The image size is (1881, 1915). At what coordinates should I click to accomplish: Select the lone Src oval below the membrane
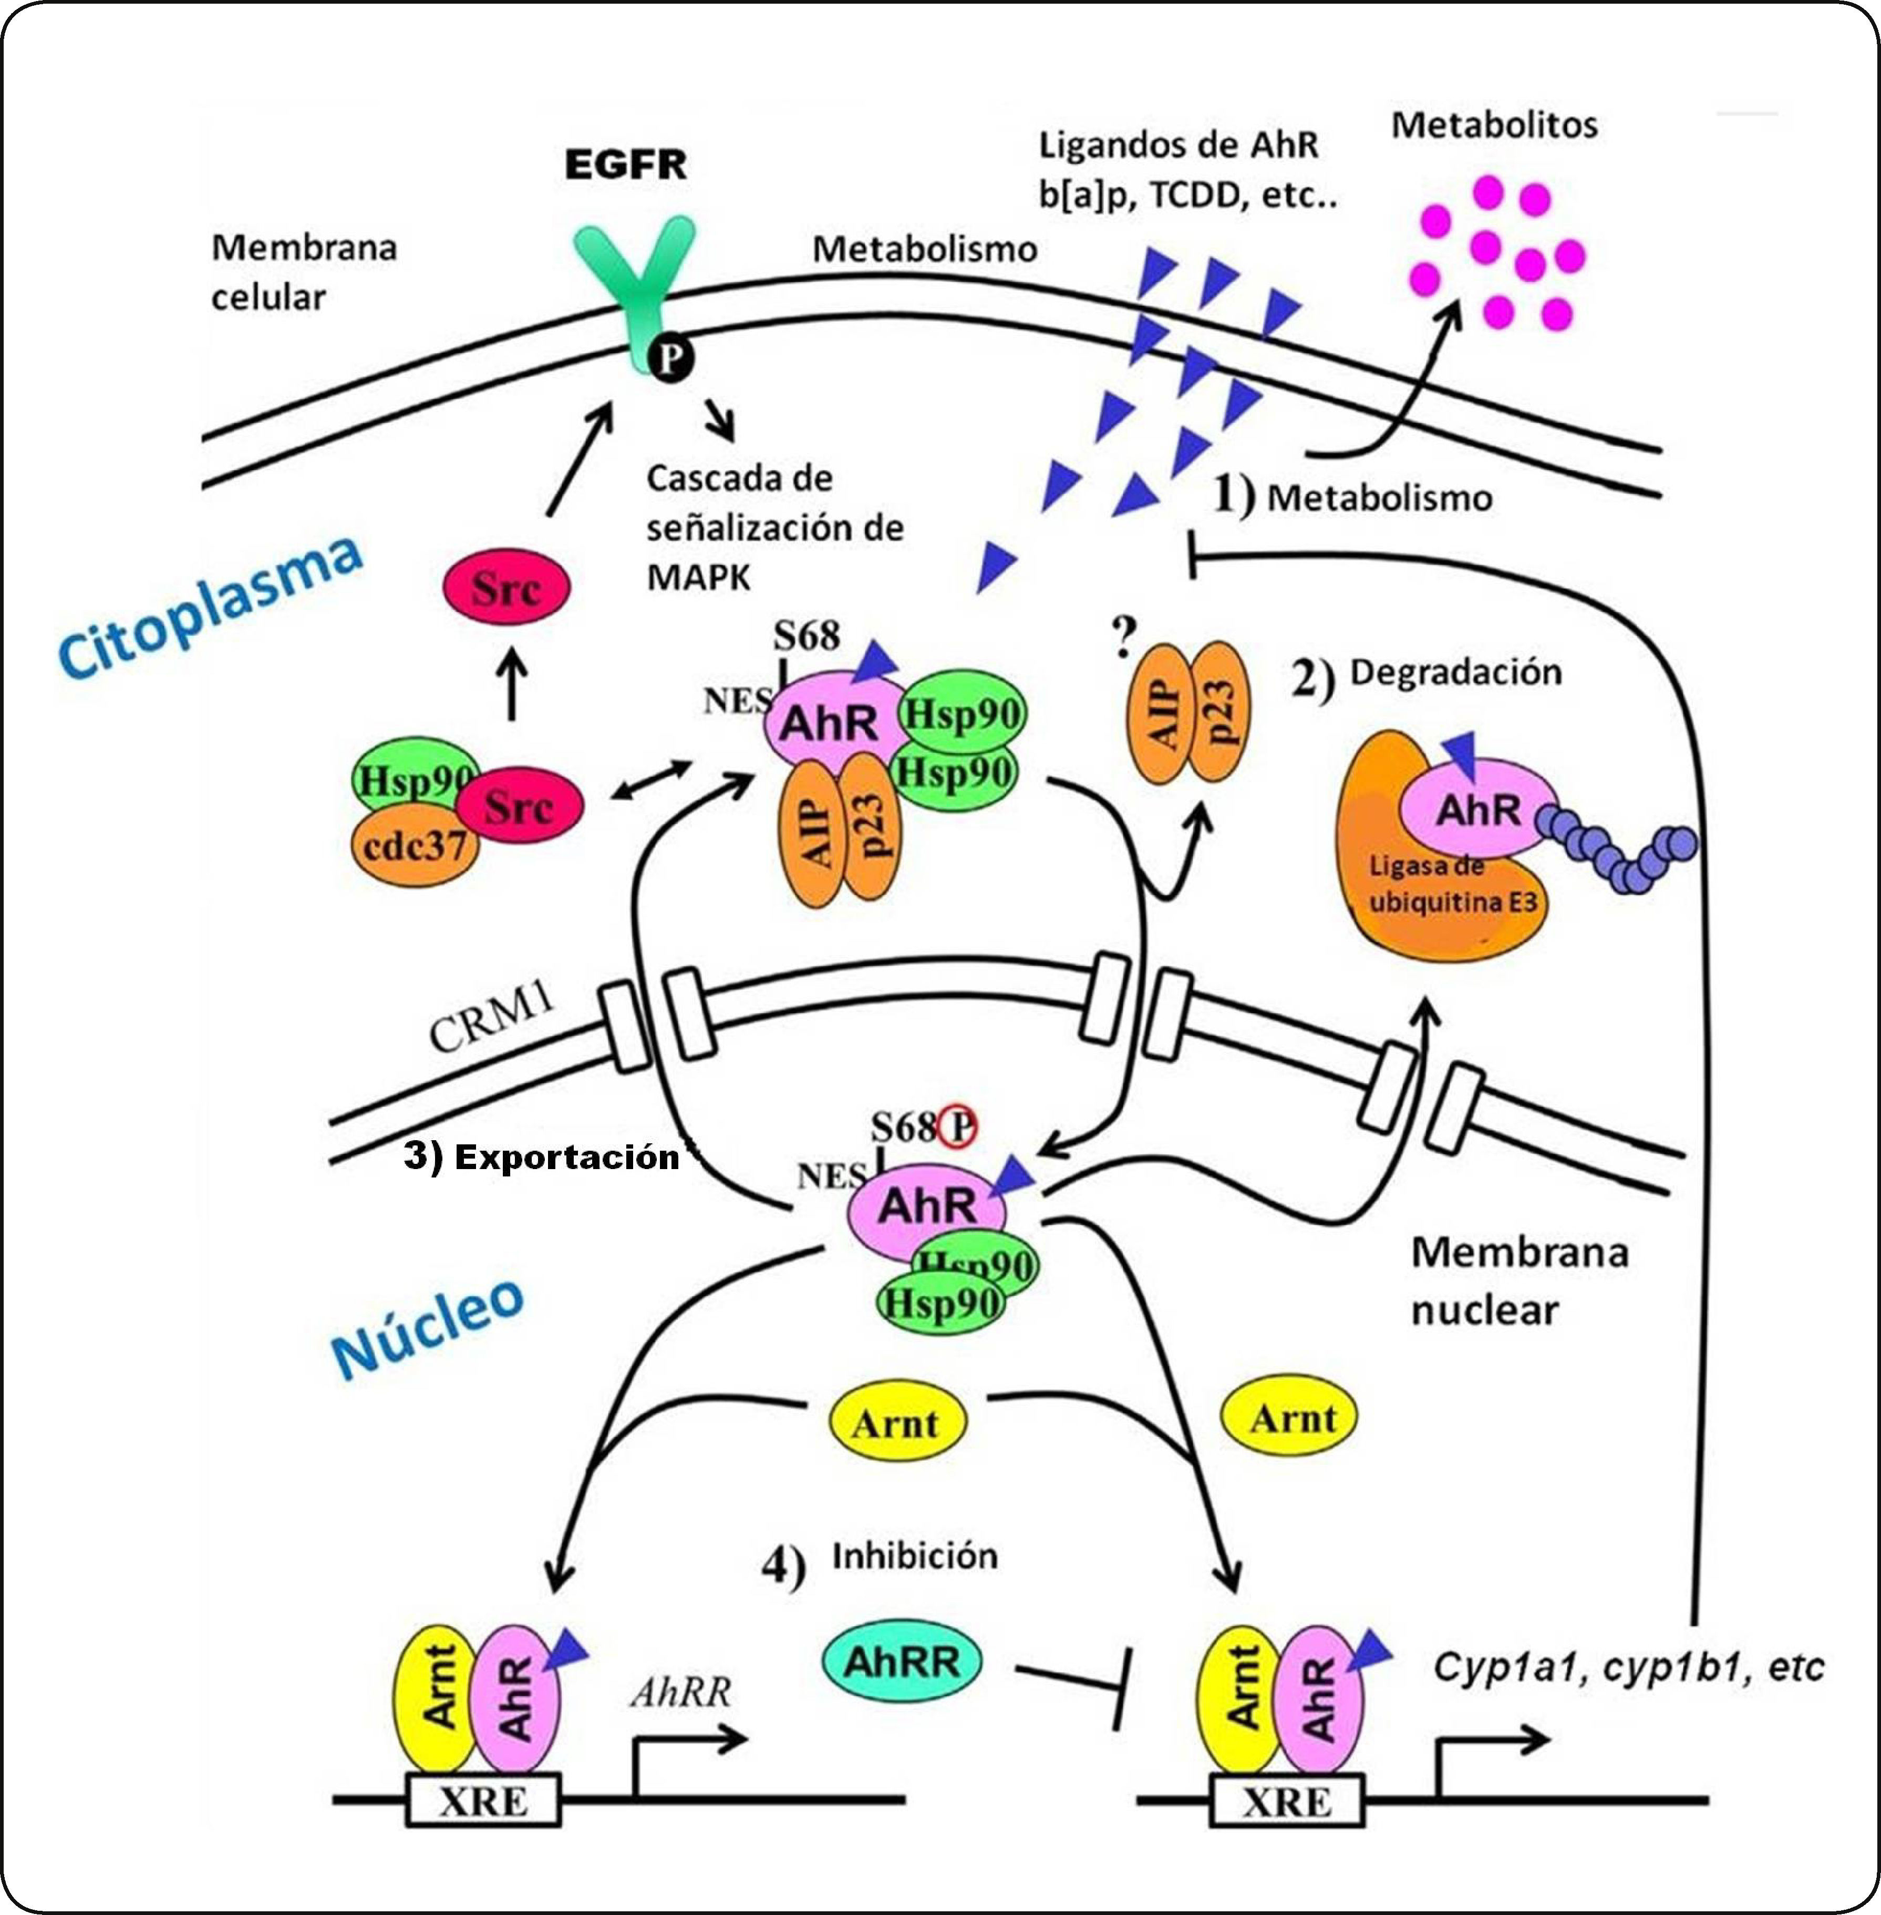[x=506, y=587]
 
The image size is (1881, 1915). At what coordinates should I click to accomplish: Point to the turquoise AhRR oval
[x=901, y=1661]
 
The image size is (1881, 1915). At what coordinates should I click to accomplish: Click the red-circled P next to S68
[x=956, y=1127]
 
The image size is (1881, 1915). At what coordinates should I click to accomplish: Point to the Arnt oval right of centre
[x=1289, y=1418]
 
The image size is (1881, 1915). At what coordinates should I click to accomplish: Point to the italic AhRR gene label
[x=680, y=1693]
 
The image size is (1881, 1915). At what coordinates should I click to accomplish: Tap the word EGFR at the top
[x=625, y=164]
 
